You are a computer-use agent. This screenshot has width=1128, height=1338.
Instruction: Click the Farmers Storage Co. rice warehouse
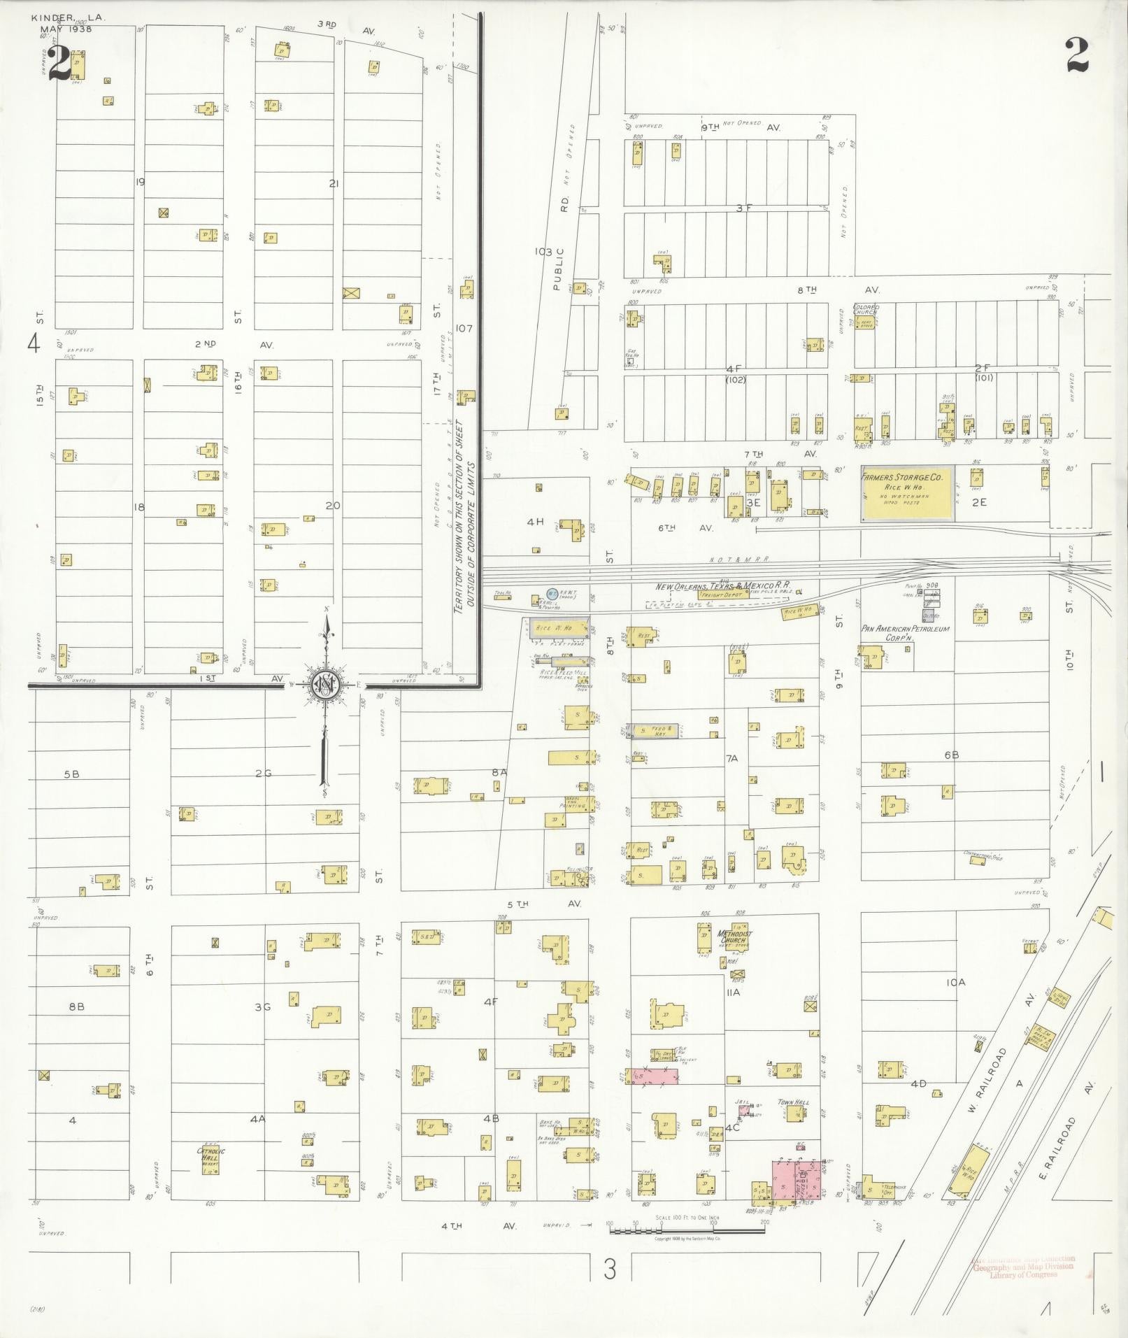(908, 494)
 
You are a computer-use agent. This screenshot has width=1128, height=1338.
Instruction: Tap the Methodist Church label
(734, 937)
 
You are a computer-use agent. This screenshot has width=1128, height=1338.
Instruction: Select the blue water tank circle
(552, 594)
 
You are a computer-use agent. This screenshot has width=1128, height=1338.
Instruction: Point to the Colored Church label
(866, 311)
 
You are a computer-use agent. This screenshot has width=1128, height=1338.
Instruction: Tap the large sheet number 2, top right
(1077, 55)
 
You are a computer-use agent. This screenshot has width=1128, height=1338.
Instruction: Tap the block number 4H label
(535, 522)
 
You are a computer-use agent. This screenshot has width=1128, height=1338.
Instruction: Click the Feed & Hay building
(653, 730)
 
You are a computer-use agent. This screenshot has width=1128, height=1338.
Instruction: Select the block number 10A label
(955, 983)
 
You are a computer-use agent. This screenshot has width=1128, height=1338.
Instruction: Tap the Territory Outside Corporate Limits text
(464, 518)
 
